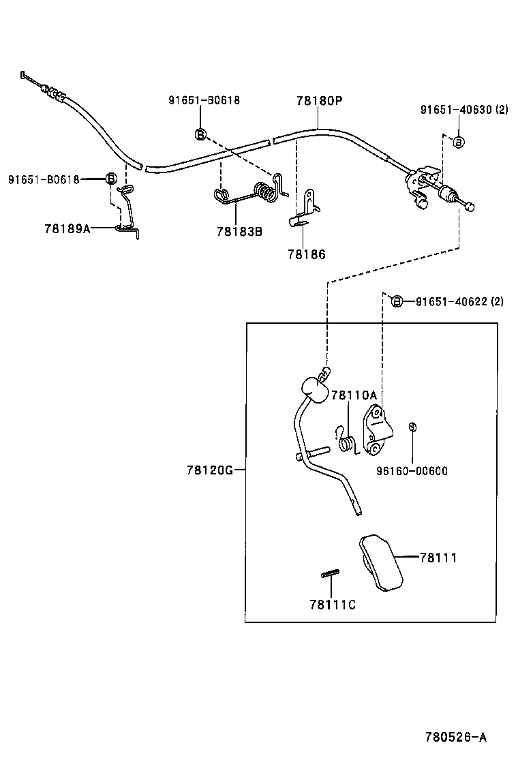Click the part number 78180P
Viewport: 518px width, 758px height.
[x=318, y=100]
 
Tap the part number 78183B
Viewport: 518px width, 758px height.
[x=239, y=231]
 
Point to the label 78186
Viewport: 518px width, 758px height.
[x=306, y=254]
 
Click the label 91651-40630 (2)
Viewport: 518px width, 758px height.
[x=463, y=109]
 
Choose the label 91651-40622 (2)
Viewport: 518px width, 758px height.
[x=459, y=301]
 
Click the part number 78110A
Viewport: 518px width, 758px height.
[x=354, y=395]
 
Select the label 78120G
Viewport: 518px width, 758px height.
[x=210, y=470]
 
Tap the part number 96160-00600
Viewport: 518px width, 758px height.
[x=412, y=470]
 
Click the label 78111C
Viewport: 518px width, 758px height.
[x=332, y=604]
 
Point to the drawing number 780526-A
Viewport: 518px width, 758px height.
[x=456, y=737]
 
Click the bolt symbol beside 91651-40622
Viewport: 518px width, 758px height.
[x=397, y=301]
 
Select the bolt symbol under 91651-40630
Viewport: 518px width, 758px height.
[x=459, y=142]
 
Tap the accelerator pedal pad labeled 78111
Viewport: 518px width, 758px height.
[x=380, y=560]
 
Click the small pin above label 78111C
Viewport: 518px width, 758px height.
[x=331, y=575]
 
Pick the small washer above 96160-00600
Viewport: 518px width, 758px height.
[x=412, y=427]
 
